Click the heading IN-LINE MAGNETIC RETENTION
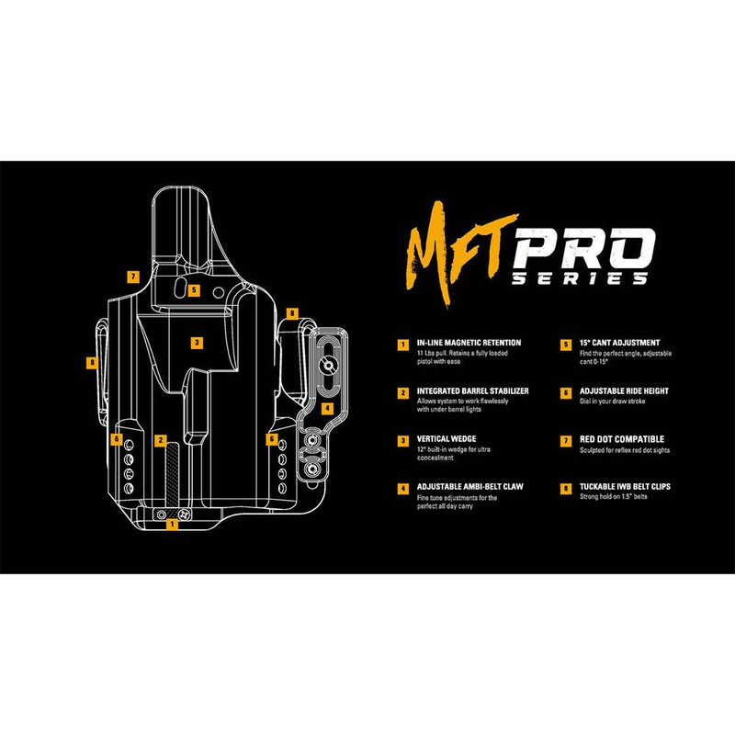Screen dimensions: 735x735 pos(468,343)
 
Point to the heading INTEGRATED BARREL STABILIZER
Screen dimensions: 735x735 pos(472,390)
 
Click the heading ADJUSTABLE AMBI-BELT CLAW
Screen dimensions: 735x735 pos(469,487)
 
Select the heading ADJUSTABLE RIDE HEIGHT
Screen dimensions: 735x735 pos(624,390)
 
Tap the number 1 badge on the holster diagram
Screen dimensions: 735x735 pos(171,525)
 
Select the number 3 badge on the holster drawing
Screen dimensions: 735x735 pos(196,343)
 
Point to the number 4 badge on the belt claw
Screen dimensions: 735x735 pos(327,407)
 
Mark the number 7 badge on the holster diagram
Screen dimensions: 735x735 pos(133,276)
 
